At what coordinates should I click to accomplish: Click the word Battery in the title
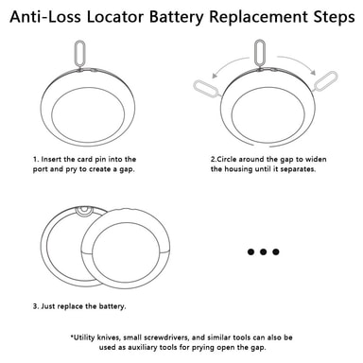[177, 17]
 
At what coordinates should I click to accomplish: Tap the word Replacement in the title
[258, 17]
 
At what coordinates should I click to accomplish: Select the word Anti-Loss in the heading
[45, 17]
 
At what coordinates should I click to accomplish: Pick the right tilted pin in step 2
[325, 80]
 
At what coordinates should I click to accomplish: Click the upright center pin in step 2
[259, 53]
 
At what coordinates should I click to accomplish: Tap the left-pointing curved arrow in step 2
[230, 65]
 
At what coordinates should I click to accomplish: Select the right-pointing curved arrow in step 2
[297, 63]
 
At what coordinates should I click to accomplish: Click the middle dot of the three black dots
[264, 251]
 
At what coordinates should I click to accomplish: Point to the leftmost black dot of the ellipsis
[251, 251]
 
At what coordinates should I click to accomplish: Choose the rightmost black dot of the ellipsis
[276, 251]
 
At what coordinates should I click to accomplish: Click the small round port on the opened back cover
[84, 211]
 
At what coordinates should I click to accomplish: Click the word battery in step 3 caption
[112, 306]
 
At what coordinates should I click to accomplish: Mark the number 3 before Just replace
[35, 306]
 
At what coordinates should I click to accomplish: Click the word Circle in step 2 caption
[226, 159]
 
